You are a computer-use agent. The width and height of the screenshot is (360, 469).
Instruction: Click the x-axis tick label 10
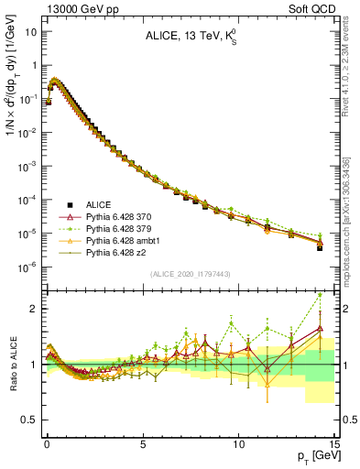click(x=238, y=441)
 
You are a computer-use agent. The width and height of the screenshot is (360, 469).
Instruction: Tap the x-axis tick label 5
click(x=143, y=441)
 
